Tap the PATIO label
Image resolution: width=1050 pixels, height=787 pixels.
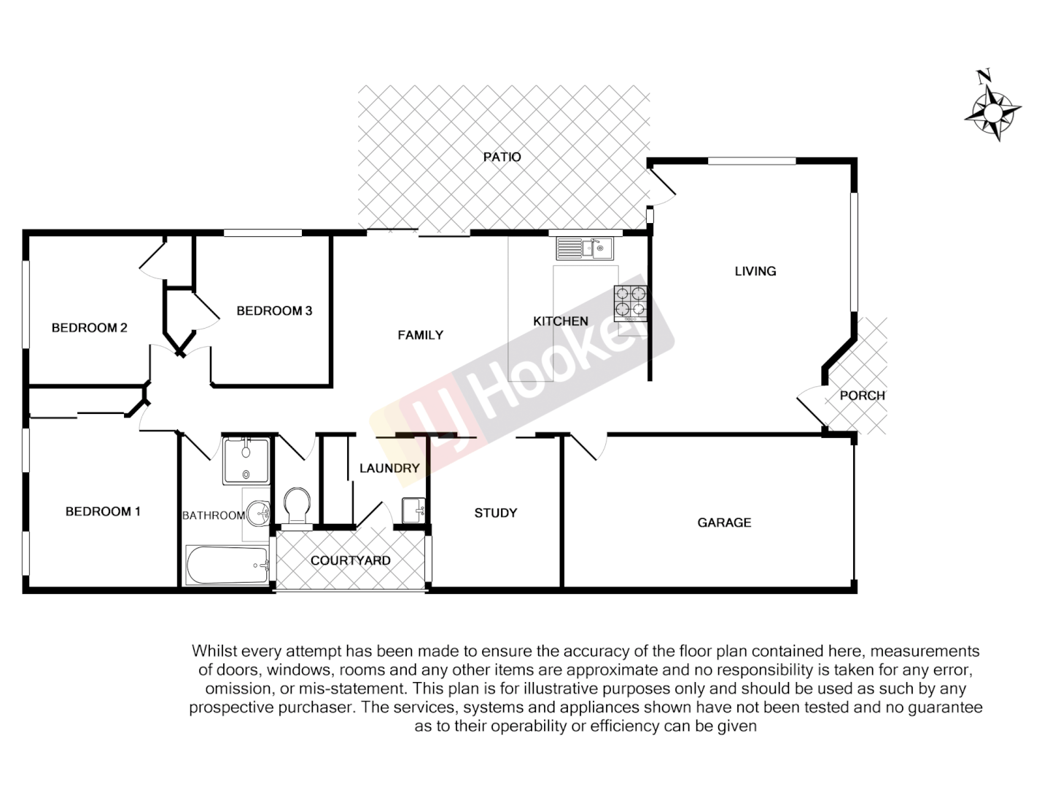point(502,157)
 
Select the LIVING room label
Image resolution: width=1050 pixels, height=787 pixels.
point(755,271)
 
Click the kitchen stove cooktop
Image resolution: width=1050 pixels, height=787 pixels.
point(631,302)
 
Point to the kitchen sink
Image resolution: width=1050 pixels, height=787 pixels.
point(586,249)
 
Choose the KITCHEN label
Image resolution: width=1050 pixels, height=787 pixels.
point(560,321)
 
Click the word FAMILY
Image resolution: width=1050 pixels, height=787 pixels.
point(420,335)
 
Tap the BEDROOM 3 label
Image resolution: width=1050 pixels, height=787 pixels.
point(274,311)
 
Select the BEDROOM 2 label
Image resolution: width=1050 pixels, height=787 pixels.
point(89,328)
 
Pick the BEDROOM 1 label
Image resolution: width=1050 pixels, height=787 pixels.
point(103,512)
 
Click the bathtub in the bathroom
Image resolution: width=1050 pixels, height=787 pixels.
point(227,565)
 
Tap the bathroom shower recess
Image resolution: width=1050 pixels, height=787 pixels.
point(246,461)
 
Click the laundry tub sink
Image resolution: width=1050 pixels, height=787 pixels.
point(413,509)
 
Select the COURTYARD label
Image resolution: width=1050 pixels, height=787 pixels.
point(350,561)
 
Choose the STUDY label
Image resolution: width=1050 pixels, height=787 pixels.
point(495,513)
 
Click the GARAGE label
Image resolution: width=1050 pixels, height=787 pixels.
point(723,522)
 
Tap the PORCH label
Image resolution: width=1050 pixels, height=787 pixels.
point(862,396)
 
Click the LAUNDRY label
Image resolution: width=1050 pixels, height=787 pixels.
point(389,469)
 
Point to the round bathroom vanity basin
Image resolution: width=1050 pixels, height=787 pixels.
point(257,513)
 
